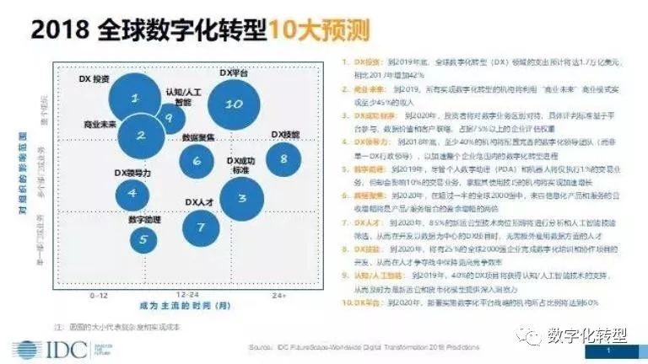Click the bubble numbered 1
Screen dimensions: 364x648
(135, 99)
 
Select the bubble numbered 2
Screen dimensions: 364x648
(141, 135)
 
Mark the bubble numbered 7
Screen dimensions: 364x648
(200, 227)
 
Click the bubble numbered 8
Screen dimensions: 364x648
(283, 158)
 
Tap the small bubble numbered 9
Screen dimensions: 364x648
(169, 118)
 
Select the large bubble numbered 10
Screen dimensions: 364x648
(235, 104)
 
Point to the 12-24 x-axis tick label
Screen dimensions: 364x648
(187, 297)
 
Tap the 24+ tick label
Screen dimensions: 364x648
(279, 297)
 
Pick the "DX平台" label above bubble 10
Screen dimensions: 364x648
(233, 74)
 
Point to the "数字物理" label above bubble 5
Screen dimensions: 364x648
(144, 219)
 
